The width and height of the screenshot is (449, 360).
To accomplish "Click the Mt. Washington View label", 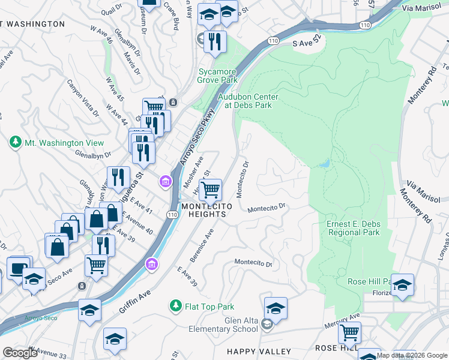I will click(64, 143).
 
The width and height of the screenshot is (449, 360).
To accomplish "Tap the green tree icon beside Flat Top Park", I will click(175, 307).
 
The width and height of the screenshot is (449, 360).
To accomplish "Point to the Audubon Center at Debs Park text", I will click(248, 101).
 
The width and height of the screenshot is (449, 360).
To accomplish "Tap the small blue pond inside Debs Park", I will click(325, 163).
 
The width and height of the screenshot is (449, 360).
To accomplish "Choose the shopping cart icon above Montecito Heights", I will click(210, 190).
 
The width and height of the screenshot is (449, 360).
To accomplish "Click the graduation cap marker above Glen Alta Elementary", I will click(276, 308).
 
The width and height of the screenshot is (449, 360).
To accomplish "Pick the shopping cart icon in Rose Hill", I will click(349, 332).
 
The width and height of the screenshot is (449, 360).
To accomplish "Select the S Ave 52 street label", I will click(307, 44).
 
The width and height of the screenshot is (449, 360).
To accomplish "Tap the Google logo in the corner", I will click(20, 353).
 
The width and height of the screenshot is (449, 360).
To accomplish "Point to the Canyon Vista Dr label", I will click(82, 98).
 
